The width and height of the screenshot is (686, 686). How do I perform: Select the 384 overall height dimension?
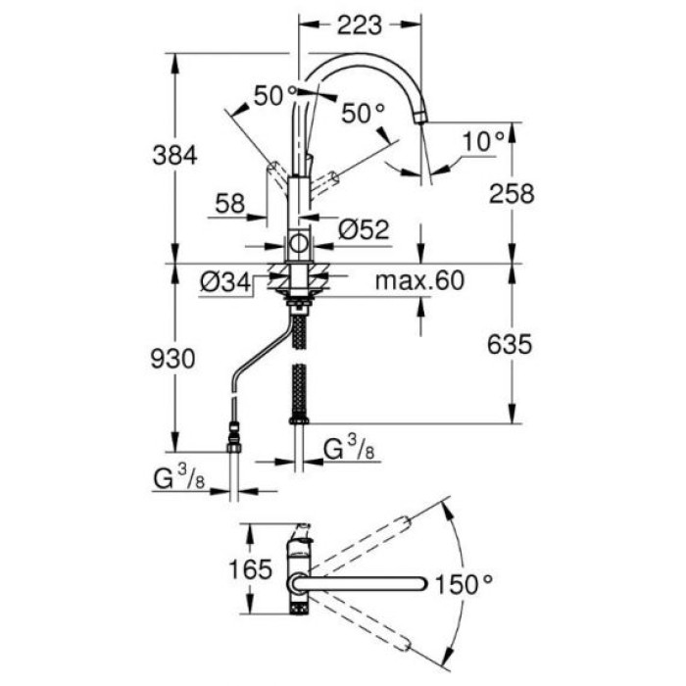click(175, 155)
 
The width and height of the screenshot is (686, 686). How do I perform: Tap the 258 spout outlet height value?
click(511, 193)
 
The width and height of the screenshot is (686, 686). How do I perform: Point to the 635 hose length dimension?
click(511, 344)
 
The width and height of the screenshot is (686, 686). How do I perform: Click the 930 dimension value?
click(175, 358)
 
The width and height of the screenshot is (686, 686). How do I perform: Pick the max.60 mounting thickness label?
click(418, 282)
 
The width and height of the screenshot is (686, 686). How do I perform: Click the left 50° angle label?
click(273, 96)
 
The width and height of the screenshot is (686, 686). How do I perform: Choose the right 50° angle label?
click(364, 114)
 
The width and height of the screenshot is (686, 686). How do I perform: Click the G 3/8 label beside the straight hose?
click(348, 451)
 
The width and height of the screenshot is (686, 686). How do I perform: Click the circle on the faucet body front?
click(298, 242)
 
